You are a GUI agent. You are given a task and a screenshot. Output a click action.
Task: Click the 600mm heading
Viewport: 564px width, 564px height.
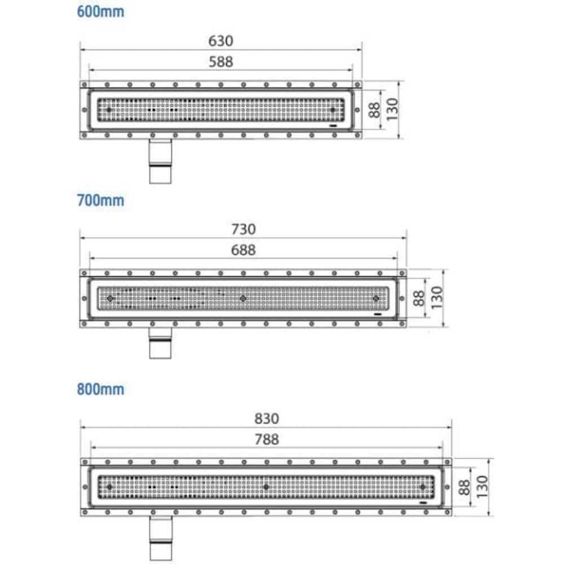[x=100, y=11]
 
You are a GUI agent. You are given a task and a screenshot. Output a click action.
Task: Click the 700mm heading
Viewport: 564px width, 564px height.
[x=100, y=200]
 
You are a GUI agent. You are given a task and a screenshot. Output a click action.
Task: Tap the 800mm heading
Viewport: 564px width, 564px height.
[x=100, y=389]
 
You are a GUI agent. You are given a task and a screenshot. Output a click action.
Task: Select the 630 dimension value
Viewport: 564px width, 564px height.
[x=221, y=41]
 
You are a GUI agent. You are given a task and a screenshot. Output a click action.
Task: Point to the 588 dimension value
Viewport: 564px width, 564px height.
[x=221, y=62]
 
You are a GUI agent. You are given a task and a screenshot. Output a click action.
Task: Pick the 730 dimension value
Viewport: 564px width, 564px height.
[x=243, y=230]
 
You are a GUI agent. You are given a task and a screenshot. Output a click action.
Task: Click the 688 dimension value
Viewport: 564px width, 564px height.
[x=243, y=250]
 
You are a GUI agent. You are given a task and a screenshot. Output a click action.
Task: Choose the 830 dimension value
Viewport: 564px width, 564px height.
[x=266, y=418]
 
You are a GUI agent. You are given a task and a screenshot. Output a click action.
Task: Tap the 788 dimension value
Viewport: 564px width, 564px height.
[x=266, y=439]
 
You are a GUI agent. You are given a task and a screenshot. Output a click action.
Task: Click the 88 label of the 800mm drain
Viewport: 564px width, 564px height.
[x=464, y=487]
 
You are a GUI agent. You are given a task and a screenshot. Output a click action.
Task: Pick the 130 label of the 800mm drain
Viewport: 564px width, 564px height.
[x=483, y=487]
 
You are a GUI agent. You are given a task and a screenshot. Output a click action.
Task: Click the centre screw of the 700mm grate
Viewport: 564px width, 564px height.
[x=243, y=298]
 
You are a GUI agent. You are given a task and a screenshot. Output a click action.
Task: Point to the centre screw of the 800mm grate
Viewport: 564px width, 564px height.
[x=266, y=487]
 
